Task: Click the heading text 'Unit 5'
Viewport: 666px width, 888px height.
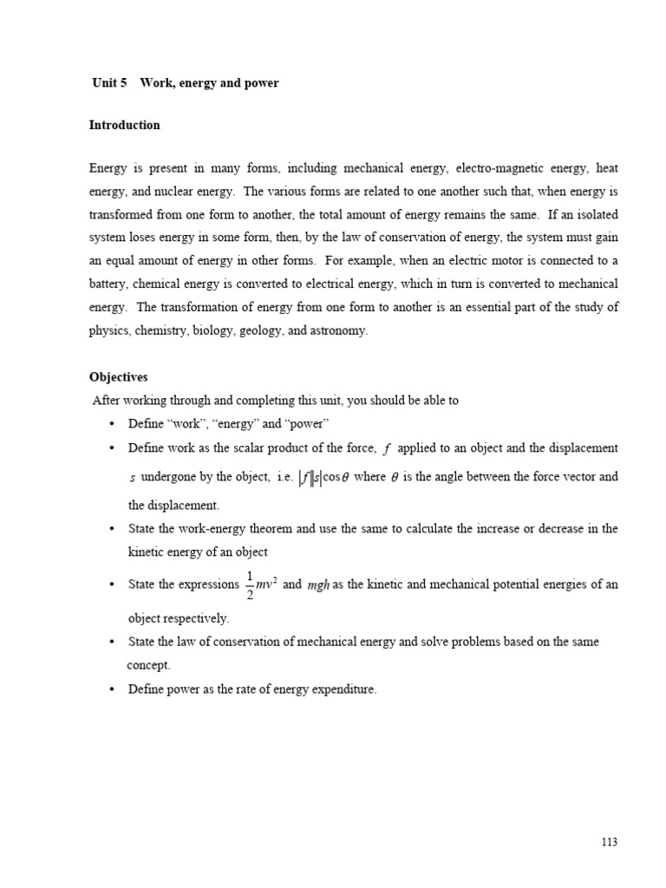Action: pyautogui.click(x=109, y=83)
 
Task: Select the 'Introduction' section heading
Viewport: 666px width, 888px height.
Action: pyautogui.click(x=124, y=125)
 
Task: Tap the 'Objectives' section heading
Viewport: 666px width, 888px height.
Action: pyautogui.click(x=119, y=377)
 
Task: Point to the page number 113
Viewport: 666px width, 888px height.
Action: pyautogui.click(x=609, y=842)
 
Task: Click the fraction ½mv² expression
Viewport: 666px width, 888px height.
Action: pyautogui.click(x=261, y=586)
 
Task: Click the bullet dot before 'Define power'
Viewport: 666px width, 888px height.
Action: pyautogui.click(x=112, y=690)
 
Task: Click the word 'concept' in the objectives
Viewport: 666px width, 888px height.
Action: pyautogui.click(x=148, y=665)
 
